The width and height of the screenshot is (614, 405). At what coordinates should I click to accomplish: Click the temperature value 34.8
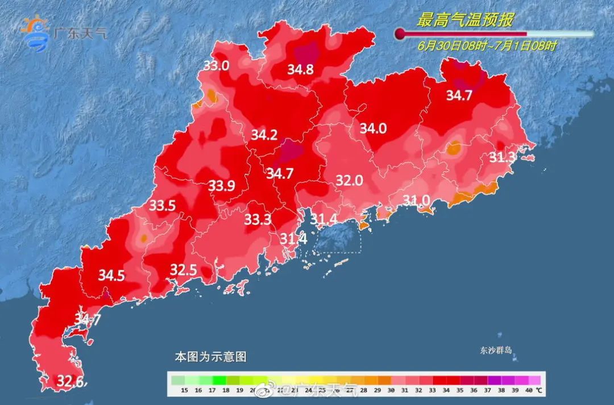point(300,70)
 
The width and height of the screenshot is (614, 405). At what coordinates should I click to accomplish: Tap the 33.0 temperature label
point(216,66)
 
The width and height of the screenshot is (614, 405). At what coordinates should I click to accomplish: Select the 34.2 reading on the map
point(264,135)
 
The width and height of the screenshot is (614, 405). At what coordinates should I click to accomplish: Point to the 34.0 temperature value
point(373,129)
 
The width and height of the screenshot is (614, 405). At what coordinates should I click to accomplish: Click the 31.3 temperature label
point(502,157)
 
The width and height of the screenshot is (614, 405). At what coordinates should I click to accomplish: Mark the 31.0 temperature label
point(417,200)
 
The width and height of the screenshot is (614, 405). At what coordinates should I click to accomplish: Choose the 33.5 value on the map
point(162,206)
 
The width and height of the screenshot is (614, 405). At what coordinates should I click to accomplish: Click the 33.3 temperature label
point(258,220)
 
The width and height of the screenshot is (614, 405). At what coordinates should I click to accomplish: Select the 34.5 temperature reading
point(111,276)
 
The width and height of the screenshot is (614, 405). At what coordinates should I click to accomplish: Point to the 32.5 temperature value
point(183,270)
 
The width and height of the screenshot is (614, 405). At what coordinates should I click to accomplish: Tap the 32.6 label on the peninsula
point(72,381)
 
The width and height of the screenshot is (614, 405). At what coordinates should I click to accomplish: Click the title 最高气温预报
point(465,20)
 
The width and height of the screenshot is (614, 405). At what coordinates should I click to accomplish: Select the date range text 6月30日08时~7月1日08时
point(487,46)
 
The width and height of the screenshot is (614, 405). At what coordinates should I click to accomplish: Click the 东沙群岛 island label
point(495,350)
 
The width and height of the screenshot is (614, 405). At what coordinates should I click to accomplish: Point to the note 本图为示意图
point(210,357)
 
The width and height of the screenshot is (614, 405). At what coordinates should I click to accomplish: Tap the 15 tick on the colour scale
point(184,390)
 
